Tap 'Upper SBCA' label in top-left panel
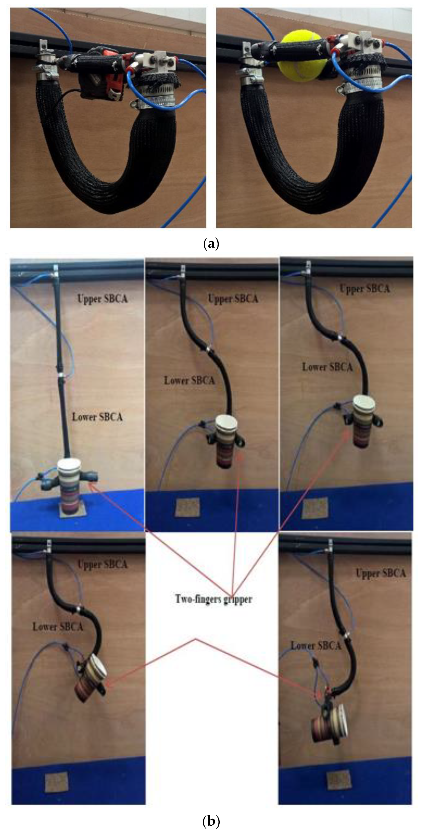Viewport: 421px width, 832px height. tap(102, 299)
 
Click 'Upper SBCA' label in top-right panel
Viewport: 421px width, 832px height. tap(364, 289)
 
